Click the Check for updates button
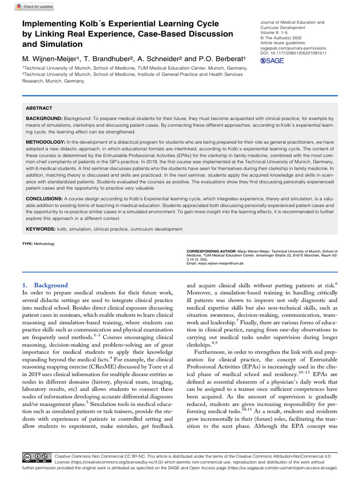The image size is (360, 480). point(35,7)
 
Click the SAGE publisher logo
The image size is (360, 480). point(272,61)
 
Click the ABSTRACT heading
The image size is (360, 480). point(39,108)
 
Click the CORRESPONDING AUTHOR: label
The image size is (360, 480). point(209,251)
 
